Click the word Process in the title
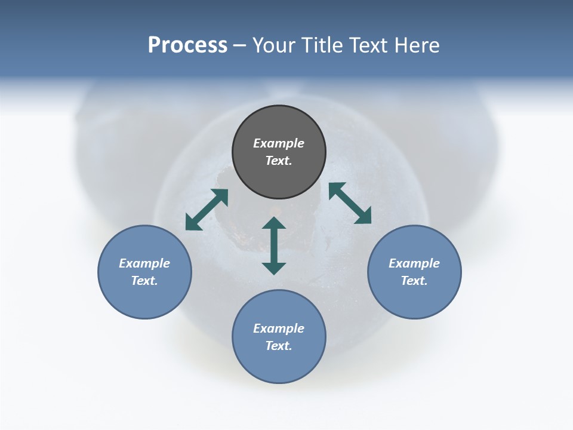coord(187,45)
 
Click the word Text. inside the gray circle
coord(279,161)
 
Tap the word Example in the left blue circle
coord(144,263)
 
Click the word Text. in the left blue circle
coord(144,281)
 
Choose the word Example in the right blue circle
coord(414,263)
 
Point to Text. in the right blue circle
coord(414,281)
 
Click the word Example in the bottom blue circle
coord(279,328)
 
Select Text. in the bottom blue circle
coord(279,346)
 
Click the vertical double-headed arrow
coord(274,245)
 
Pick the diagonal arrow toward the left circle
coord(207,210)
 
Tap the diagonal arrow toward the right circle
coord(350,203)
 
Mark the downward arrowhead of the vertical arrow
coord(274,268)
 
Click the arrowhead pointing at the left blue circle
coord(192,223)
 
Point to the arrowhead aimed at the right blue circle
coord(363,217)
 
